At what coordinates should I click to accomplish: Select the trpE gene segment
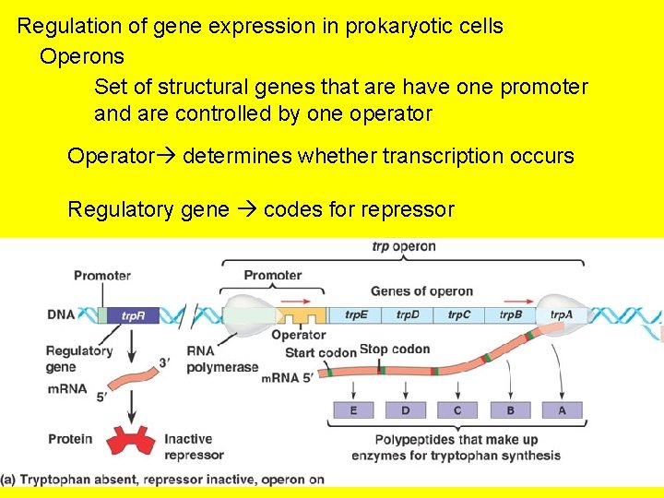[x=356, y=314]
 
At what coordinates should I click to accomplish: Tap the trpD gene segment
[x=408, y=314]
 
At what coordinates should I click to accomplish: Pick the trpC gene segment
[x=458, y=314]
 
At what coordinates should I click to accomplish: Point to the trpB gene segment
[x=510, y=314]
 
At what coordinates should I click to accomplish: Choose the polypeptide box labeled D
[x=407, y=409]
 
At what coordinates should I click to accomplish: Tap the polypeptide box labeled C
[x=458, y=409]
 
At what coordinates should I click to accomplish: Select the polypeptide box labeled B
[x=511, y=409]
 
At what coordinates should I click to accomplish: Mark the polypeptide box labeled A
[x=563, y=409]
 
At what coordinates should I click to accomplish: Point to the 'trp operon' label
[x=404, y=247]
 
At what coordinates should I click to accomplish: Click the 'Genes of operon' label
[x=421, y=291]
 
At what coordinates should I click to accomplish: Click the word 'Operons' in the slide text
[x=82, y=56]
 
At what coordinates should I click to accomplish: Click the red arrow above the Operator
[x=298, y=300]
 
